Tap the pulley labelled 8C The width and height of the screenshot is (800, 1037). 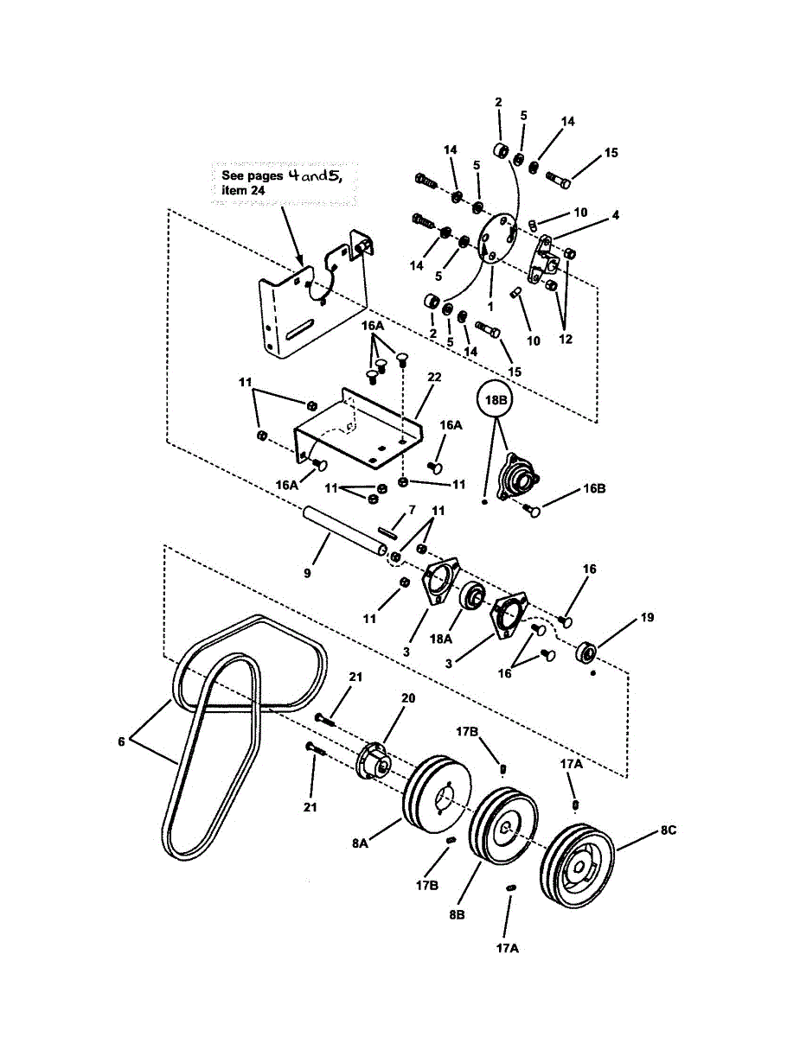coord(577,867)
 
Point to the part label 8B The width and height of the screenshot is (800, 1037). coord(457,913)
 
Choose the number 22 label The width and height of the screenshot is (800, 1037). coord(434,378)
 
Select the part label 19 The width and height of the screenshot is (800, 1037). coord(647,618)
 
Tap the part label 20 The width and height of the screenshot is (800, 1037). coord(408,698)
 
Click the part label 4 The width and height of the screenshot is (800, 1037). coord(615,214)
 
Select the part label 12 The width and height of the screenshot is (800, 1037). coord(566,340)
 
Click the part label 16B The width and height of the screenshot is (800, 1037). coord(594,488)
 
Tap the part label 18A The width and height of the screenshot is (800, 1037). coord(441,639)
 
